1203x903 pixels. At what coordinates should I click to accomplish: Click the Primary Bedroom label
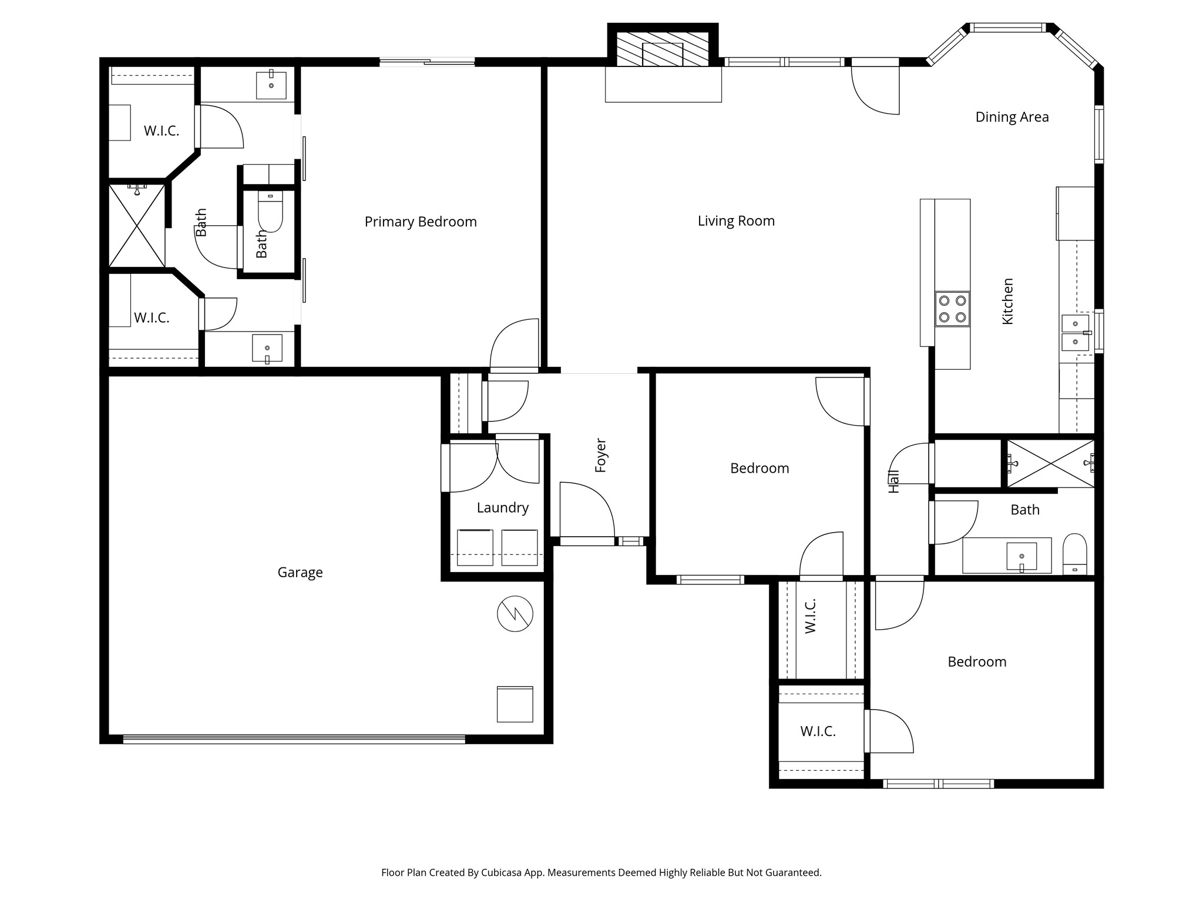(421, 222)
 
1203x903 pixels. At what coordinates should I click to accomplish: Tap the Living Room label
(736, 221)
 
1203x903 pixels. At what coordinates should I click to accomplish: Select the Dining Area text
(1012, 117)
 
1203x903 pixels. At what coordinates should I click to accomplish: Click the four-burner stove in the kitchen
(952, 309)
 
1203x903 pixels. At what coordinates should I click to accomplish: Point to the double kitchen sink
(1075, 333)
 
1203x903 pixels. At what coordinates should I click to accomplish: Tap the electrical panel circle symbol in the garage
(515, 614)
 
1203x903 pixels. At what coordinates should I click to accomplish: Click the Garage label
(300, 572)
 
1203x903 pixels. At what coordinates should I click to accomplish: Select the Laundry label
(502, 507)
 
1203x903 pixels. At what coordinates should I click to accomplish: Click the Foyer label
(600, 455)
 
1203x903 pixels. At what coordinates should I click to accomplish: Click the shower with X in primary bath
(137, 226)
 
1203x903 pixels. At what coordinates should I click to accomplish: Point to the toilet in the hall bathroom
(1075, 553)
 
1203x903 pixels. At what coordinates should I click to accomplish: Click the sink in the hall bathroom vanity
(1021, 556)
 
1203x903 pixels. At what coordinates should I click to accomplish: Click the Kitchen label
(1007, 301)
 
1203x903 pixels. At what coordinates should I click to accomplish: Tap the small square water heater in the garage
(515, 704)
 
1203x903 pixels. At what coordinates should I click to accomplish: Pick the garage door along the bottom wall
(294, 739)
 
